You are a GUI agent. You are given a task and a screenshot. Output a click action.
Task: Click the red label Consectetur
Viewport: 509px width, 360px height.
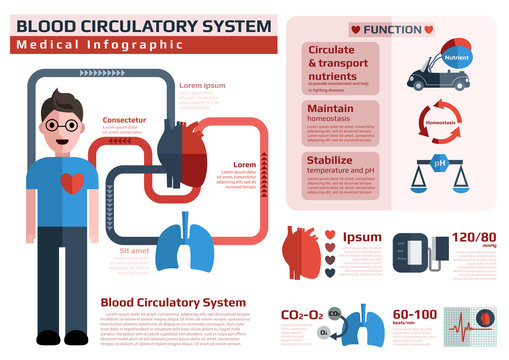click(x=124, y=120)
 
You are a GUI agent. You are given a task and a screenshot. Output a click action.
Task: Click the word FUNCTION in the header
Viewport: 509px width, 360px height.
click(x=392, y=30)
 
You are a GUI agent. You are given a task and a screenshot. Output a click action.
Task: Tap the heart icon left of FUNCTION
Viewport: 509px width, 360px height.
click(x=356, y=30)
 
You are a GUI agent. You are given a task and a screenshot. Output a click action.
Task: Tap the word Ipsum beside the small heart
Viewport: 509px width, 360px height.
click(x=361, y=238)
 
